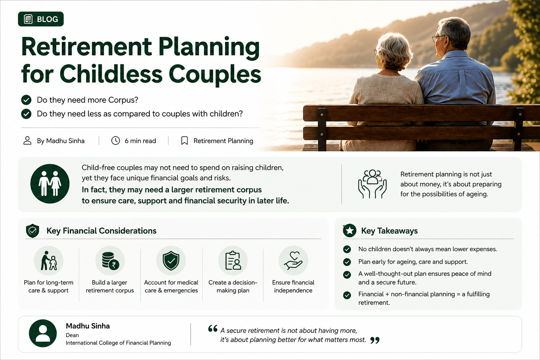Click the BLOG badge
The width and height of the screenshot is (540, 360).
[41, 19]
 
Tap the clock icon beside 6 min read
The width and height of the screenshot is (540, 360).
[115, 141]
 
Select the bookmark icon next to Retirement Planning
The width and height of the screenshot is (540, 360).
[185, 141]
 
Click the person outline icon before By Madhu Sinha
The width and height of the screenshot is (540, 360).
[27, 141]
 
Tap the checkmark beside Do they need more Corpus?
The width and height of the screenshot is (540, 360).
[26, 100]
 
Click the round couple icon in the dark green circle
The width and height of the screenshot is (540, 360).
[50, 184]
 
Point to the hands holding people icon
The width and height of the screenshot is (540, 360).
[372, 184]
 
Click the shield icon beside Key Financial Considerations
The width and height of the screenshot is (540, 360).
[33, 231]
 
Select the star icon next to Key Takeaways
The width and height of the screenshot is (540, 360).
[349, 231]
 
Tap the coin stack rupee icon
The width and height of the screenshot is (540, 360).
[110, 261]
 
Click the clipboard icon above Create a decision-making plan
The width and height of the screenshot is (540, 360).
[233, 261]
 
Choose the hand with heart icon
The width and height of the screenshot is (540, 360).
[294, 261]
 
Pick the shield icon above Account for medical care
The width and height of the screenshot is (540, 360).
[171, 261]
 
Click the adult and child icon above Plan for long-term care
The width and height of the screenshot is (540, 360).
[49, 261]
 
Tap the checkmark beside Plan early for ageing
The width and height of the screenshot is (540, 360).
[347, 262]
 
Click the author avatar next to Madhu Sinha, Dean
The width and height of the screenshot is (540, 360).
[43, 334]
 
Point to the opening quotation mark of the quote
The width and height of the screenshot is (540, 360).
[213, 328]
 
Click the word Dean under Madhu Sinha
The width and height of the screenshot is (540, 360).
[72, 335]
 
